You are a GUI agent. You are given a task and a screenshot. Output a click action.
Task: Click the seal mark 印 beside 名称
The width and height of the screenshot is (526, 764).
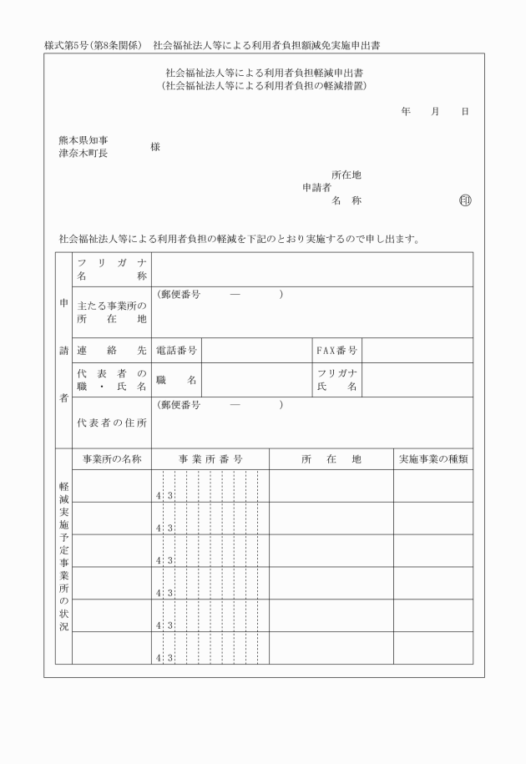pyautogui.click(x=465, y=200)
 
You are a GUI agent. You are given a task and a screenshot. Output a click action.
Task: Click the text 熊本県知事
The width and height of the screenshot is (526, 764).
pyautogui.click(x=83, y=140)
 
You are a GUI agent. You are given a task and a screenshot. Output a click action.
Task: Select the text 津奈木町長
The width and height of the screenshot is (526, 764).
pyautogui.click(x=83, y=153)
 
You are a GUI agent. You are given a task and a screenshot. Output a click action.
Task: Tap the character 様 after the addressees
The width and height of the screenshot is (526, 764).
pyautogui.click(x=155, y=147)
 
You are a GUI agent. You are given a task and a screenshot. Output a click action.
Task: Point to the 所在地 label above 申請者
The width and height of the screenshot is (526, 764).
pyautogui.click(x=346, y=175)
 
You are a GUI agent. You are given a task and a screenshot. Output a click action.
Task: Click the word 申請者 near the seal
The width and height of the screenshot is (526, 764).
pyautogui.click(x=316, y=188)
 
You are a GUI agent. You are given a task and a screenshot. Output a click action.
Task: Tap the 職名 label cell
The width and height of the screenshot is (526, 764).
pyautogui.click(x=176, y=380)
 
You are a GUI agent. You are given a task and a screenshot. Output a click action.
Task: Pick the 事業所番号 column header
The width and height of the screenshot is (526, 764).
pyautogui.click(x=210, y=459)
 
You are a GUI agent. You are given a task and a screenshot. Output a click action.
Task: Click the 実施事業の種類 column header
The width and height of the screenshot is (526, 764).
pyautogui.click(x=432, y=459)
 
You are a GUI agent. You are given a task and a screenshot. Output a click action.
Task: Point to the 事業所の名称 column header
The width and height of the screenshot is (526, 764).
pyautogui.click(x=111, y=459)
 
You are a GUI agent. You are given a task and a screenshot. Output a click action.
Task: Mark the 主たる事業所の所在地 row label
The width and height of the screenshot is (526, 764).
pyautogui.click(x=111, y=312)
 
